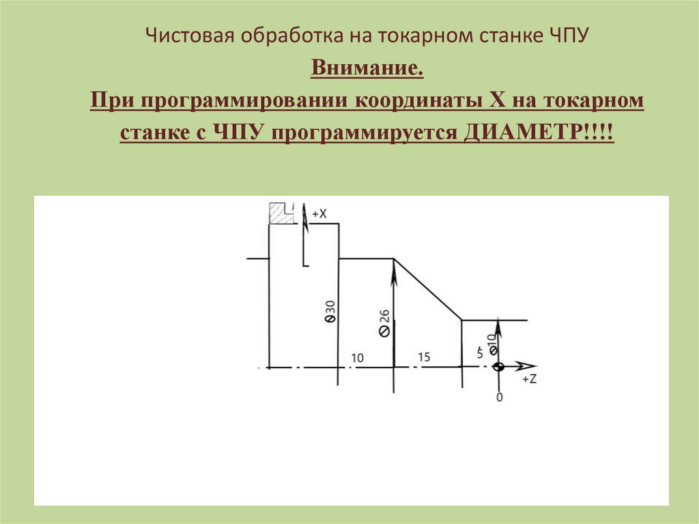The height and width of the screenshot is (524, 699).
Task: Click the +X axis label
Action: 319,214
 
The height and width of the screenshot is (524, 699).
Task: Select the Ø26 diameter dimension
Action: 384,322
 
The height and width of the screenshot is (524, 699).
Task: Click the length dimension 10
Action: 358,358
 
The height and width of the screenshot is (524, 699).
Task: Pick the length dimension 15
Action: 423,357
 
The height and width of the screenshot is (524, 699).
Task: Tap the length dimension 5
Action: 480,353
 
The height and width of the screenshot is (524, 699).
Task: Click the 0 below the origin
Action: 500,397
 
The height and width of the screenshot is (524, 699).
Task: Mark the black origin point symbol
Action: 499,367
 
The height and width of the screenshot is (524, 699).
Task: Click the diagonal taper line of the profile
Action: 427,289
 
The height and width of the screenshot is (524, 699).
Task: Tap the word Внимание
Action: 367,70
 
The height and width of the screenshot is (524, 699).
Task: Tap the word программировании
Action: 247,101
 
